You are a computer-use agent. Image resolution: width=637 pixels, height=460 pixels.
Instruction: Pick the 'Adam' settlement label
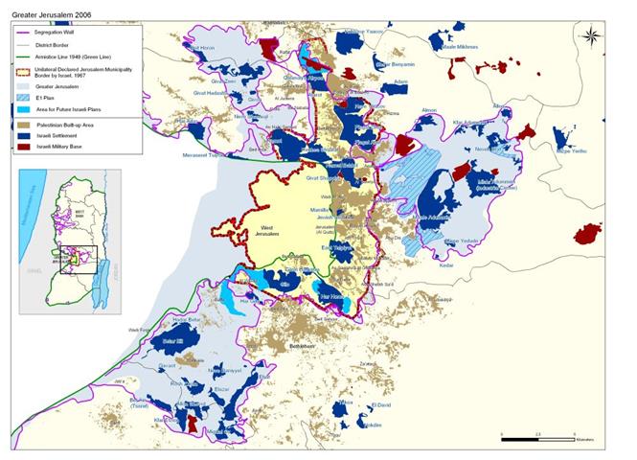[399, 82]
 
